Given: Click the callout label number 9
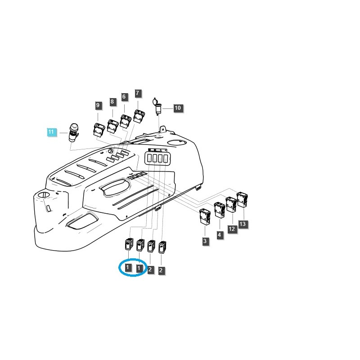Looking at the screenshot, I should [98, 106].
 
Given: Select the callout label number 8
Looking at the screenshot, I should [112, 102].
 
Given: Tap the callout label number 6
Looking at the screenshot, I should [124, 96].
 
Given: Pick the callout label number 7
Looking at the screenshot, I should [138, 94].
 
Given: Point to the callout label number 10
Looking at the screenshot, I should [178, 108].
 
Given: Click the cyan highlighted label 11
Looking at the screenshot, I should [51, 132].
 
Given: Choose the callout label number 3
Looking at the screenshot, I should [205, 242].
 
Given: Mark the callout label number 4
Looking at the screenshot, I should [220, 235].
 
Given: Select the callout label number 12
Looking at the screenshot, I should [232, 229].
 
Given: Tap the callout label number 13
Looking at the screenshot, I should [243, 224].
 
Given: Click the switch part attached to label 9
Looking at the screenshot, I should [99, 130].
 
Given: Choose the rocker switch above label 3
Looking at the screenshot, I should [205, 216].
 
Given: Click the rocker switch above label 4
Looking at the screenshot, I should [220, 209].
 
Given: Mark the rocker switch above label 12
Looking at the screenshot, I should [231, 204].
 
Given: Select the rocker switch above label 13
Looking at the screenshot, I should [242, 198].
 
